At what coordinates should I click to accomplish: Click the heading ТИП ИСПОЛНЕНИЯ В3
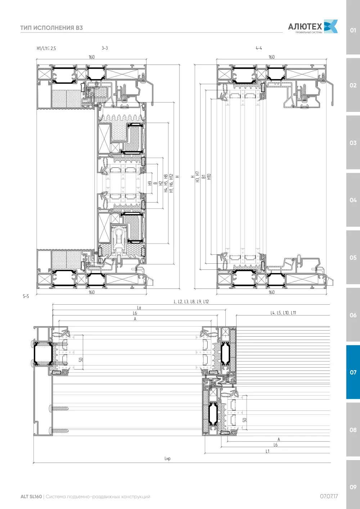click(51, 28)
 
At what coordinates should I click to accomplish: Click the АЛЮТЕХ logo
click(313, 26)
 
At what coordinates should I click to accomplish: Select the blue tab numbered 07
click(353, 372)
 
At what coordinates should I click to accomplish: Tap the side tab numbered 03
click(353, 143)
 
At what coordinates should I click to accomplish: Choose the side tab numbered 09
click(353, 487)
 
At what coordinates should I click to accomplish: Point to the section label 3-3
click(105, 48)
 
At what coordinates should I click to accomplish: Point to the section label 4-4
click(259, 48)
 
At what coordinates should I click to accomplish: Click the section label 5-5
click(26, 296)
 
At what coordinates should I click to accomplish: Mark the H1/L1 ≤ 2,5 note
click(46, 48)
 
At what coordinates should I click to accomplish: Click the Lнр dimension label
click(167, 459)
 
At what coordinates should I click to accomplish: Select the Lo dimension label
click(139, 308)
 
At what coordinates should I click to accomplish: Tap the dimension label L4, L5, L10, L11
click(283, 313)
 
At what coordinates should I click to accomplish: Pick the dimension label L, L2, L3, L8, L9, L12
click(191, 301)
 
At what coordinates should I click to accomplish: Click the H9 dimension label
click(150, 183)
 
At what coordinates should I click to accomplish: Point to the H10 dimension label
click(209, 177)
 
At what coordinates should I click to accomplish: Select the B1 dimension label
click(203, 177)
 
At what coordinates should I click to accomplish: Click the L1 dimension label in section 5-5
click(267, 451)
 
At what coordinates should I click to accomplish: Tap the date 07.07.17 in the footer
click(329, 496)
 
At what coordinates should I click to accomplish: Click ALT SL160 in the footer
click(31, 496)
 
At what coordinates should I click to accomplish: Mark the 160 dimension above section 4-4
click(271, 57)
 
